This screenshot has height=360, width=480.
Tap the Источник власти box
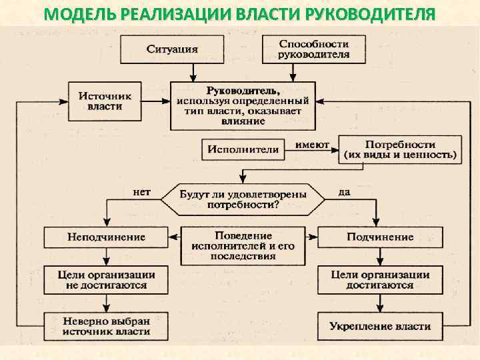click(105, 101)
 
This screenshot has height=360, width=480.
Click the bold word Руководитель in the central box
click(243, 90)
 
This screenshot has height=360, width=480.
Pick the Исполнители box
click(243, 149)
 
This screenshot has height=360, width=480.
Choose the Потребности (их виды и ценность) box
click(400, 149)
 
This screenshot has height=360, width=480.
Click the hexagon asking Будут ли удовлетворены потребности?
click(242, 199)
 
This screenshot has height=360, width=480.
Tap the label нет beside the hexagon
click(142, 192)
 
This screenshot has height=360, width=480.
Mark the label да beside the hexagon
click(344, 192)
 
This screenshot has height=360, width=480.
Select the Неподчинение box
click(106, 237)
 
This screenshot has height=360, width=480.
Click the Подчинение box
click(379, 237)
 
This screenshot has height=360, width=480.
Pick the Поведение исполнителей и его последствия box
click(243, 245)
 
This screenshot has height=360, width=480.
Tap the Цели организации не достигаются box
click(106, 280)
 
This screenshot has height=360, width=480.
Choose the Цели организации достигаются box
click(379, 280)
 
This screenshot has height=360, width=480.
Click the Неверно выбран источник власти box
click(106, 326)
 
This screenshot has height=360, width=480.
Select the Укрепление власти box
click(379, 326)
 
